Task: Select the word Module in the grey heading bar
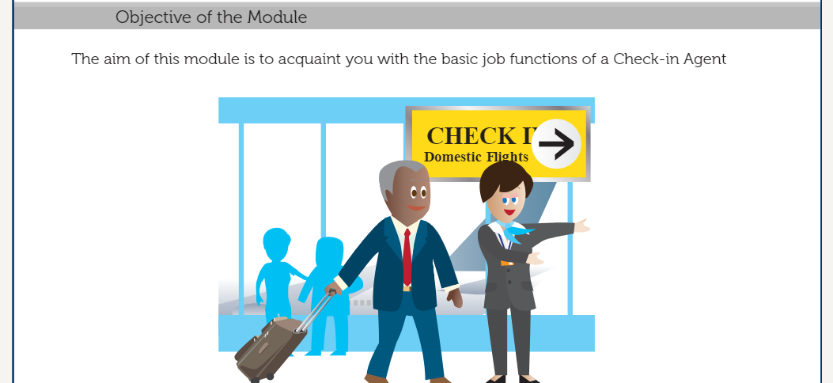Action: [278, 17]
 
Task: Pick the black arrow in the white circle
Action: [556, 143]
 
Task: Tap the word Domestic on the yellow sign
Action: [452, 157]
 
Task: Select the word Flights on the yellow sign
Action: [507, 157]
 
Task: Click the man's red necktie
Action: [407, 258]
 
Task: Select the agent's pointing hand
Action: [583, 226]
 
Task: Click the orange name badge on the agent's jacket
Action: [507, 263]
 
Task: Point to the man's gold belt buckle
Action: [407, 289]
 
